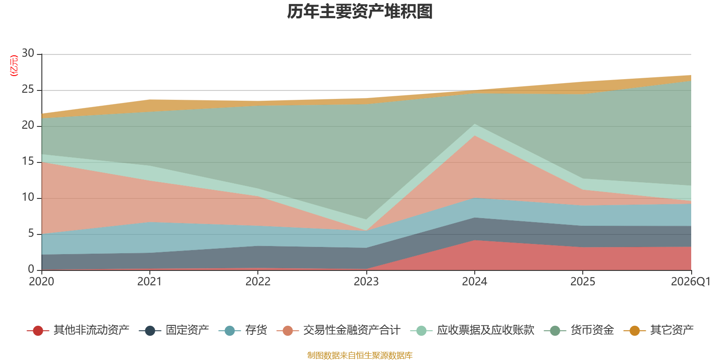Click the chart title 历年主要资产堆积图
(360, 12)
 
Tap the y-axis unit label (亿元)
(14, 66)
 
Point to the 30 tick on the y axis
(28, 53)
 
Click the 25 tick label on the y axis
(28, 89)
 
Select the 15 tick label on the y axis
(28, 161)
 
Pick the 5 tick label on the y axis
(31, 233)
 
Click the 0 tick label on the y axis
(31, 269)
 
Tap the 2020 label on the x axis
(41, 282)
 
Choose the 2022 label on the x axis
(258, 282)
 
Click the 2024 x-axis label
(474, 282)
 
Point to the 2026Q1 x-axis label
(691, 282)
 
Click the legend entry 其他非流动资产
(78, 330)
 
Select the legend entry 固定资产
(174, 330)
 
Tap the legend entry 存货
(243, 330)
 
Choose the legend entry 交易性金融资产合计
(338, 330)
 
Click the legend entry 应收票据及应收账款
(472, 330)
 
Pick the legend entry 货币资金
(579, 330)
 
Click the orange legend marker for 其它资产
(634, 330)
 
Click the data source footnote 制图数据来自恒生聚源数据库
(360, 355)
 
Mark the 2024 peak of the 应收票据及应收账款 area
(474, 124)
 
